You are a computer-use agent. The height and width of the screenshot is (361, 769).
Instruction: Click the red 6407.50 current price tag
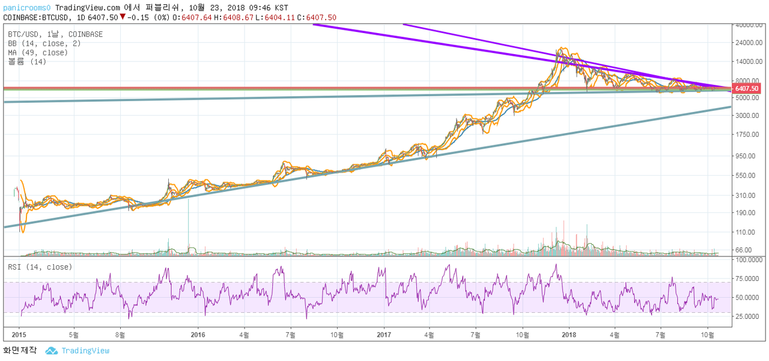746,88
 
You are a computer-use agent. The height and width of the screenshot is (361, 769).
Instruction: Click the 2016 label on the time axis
198,335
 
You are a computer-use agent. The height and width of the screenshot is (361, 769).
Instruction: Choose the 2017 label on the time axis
384,335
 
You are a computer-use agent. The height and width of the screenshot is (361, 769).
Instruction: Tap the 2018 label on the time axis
569,335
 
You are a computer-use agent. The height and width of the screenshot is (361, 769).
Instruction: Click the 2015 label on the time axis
19,335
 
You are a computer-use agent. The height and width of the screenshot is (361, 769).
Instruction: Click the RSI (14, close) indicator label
40,267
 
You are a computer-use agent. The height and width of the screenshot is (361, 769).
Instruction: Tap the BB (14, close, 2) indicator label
44,44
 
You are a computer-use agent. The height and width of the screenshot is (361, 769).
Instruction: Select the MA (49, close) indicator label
38,52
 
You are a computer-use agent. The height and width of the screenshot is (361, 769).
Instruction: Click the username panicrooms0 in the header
27,8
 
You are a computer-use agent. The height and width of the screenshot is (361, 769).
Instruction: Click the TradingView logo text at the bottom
85,351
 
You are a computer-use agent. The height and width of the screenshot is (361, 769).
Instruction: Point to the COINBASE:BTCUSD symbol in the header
35,17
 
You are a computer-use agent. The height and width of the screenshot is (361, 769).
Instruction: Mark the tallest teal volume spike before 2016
188,227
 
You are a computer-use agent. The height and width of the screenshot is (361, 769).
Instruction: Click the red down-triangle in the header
123,16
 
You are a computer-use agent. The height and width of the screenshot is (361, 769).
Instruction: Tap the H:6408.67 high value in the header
234,17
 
